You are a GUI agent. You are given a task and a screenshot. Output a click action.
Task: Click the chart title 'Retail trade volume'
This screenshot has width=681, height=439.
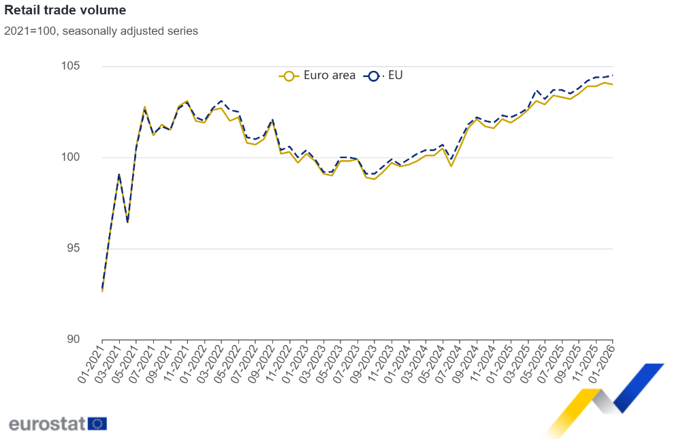point(65,11)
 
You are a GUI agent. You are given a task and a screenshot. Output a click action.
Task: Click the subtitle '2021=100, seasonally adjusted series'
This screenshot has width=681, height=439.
point(101,31)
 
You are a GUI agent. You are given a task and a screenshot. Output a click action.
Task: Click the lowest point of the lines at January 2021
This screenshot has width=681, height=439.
point(102,291)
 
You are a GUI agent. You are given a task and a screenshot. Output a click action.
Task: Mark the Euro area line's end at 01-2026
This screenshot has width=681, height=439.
point(612,85)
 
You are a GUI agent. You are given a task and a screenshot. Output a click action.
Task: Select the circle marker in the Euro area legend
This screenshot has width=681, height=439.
point(289,76)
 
